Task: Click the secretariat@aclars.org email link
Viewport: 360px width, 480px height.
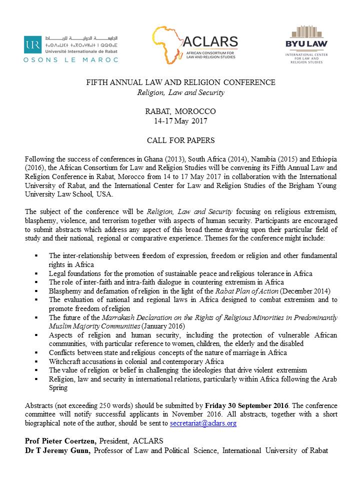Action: (203, 423)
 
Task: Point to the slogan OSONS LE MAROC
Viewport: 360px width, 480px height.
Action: (71, 59)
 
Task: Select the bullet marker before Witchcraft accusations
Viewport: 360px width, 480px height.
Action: (36, 361)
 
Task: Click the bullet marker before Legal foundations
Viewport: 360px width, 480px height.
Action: (36, 273)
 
